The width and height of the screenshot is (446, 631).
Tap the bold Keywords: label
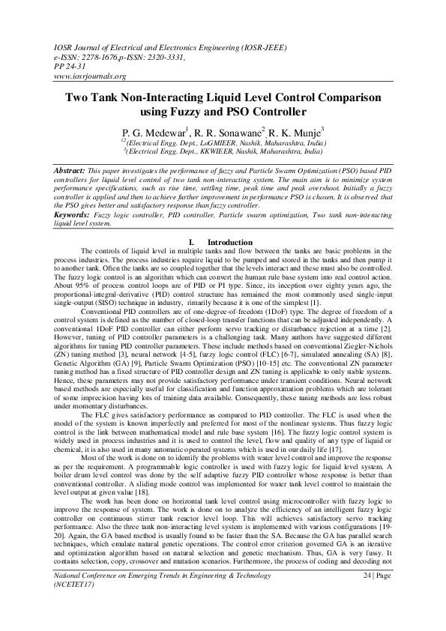click(75, 214)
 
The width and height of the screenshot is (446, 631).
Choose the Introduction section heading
click(231, 241)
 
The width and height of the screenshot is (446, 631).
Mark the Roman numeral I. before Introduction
click(193, 241)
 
